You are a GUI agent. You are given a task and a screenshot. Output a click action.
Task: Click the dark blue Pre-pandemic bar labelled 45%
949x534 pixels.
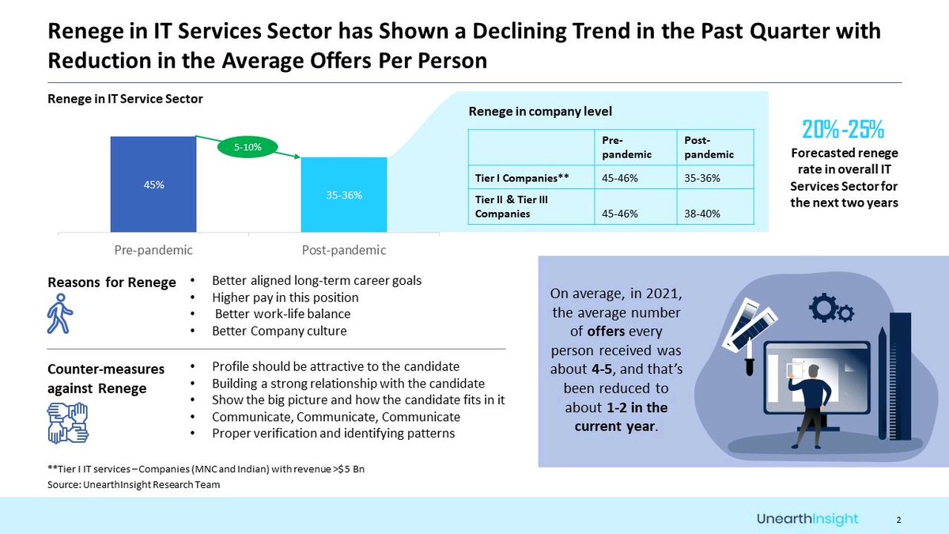pos(153,184)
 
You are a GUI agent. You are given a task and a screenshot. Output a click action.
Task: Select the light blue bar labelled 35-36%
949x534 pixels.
pos(344,195)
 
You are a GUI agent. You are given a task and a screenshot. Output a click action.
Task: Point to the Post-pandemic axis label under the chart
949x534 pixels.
pos(344,250)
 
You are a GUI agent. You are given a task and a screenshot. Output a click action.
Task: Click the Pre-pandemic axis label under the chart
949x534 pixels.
pos(153,250)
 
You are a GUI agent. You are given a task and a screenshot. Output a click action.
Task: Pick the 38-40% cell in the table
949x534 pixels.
pos(700,213)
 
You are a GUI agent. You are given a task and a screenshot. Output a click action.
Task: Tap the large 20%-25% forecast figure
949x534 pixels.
pos(843,128)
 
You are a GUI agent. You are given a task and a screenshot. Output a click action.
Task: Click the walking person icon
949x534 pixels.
pos(60,314)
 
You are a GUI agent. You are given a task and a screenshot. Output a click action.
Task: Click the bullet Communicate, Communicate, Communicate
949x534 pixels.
pos(335,417)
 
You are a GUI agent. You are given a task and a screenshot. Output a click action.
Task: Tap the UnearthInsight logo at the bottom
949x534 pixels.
pos(807,518)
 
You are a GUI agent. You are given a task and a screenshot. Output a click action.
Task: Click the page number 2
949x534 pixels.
pos(899,520)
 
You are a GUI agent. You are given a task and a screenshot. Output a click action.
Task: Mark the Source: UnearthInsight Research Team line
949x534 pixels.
pos(134,484)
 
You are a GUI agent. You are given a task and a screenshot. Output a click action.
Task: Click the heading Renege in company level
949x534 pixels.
pos(540,112)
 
